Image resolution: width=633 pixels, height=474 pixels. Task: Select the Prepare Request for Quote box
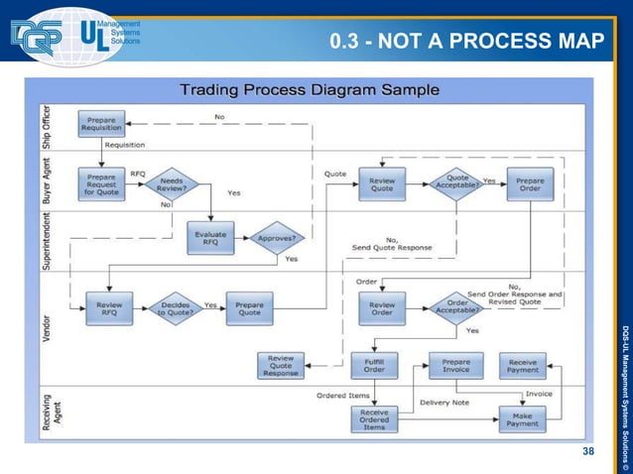[100, 183]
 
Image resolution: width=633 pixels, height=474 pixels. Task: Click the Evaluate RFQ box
[210, 237]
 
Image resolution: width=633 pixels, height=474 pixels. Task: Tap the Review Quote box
[382, 184]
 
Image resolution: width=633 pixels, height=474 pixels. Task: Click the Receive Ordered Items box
[373, 419]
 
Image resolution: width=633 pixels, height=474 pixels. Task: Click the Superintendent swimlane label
[46, 238]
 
